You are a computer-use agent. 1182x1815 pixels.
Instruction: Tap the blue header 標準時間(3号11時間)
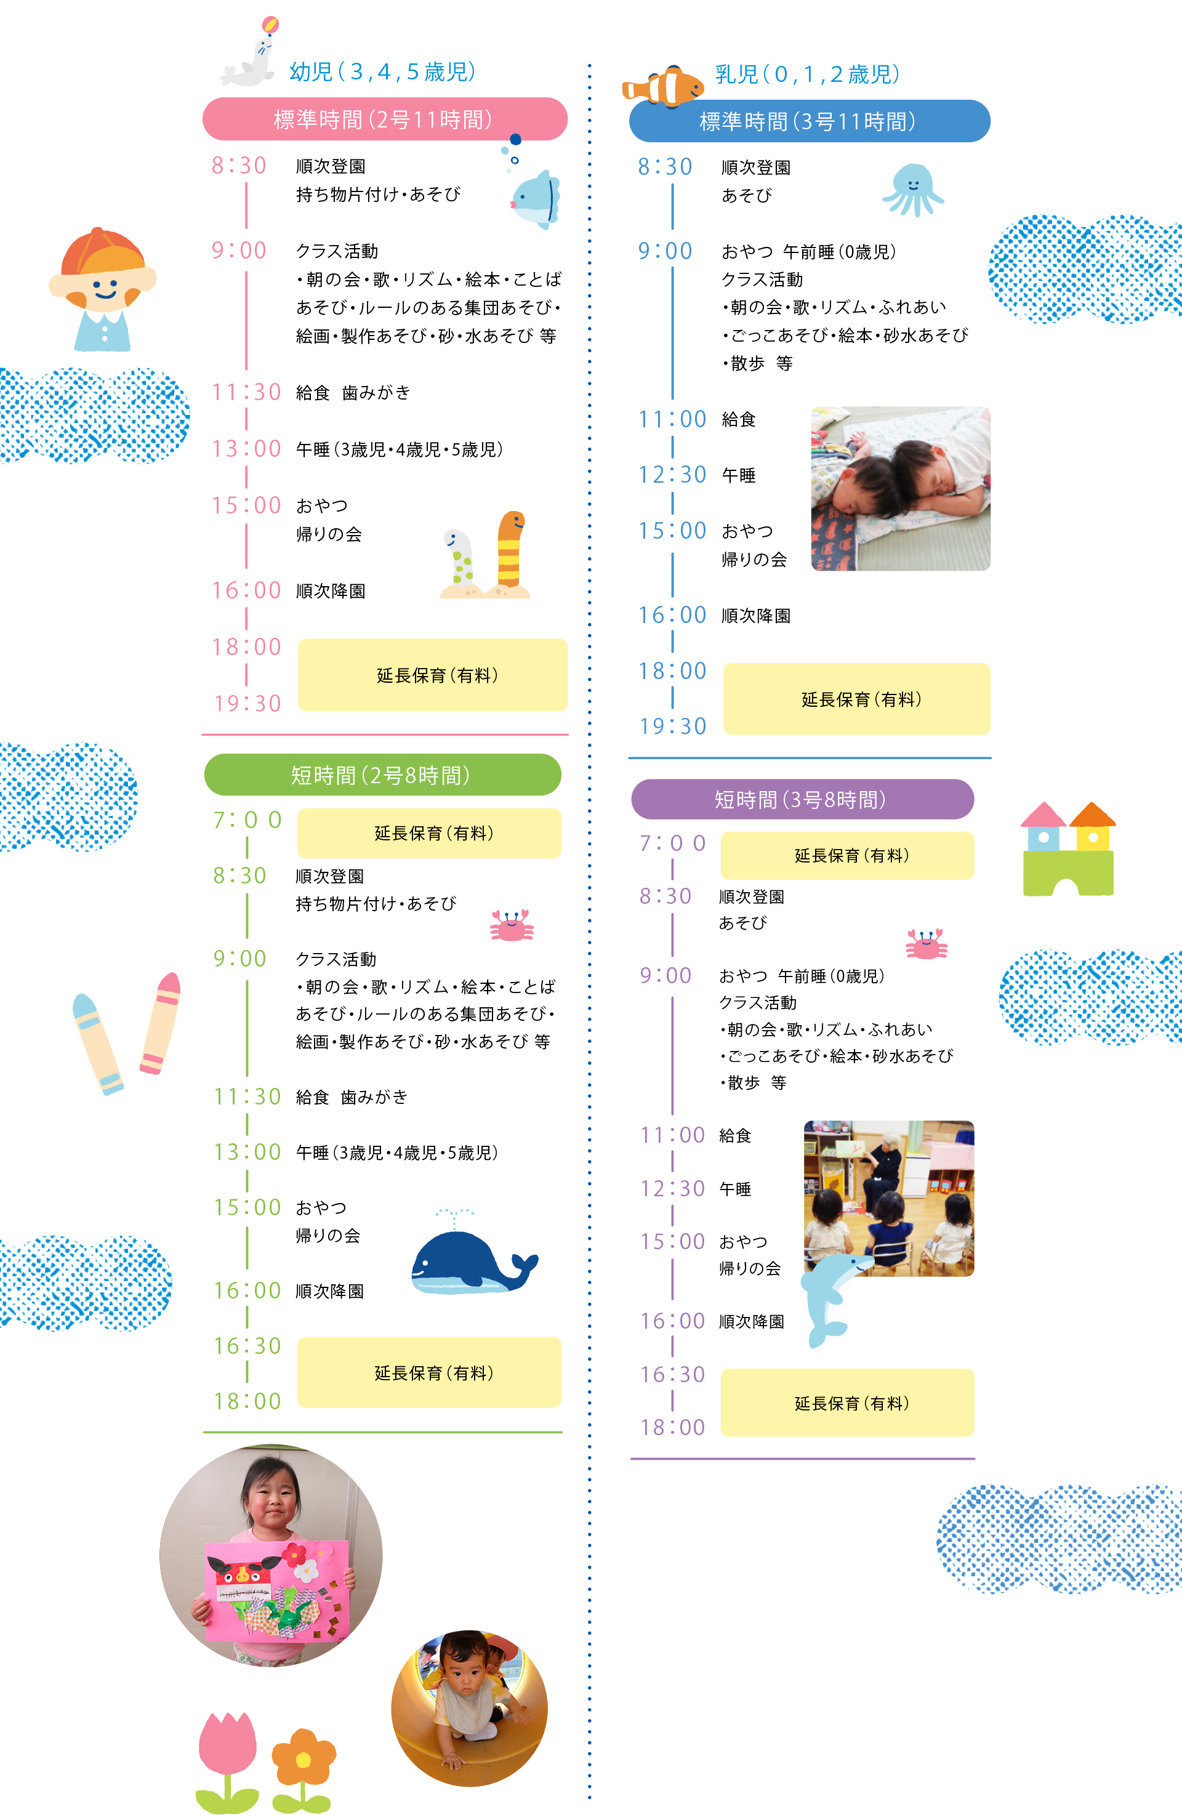click(x=808, y=121)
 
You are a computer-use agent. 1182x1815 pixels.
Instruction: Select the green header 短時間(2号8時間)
click(x=382, y=775)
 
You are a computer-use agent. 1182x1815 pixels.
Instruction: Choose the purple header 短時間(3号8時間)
click(x=802, y=799)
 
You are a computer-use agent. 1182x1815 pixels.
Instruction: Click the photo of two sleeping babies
click(x=900, y=489)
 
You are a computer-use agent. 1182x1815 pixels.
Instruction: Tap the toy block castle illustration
click(x=1067, y=849)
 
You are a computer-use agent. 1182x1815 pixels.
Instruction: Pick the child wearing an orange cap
click(x=102, y=289)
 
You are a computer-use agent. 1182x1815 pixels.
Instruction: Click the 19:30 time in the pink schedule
click(x=247, y=703)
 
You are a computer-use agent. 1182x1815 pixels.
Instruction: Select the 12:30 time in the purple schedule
click(x=673, y=1188)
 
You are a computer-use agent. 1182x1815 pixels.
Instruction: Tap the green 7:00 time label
click(x=247, y=820)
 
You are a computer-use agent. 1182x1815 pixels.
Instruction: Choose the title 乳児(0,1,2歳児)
click(x=808, y=74)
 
